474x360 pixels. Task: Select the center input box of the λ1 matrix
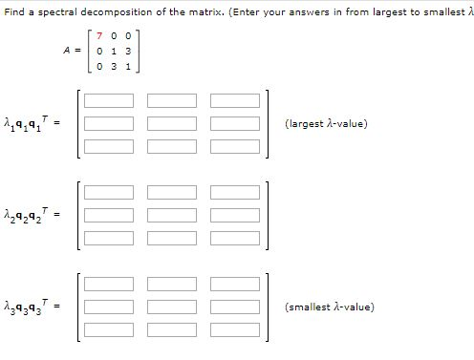click(x=171, y=123)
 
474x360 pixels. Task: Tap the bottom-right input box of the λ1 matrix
click(x=234, y=146)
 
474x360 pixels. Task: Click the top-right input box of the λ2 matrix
click(x=234, y=192)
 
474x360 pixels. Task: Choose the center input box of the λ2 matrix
click(x=171, y=215)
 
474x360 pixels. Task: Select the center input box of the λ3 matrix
click(x=171, y=307)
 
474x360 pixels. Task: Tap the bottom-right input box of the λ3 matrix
click(x=234, y=330)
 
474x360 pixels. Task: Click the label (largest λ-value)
click(x=326, y=123)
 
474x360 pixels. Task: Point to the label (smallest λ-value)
click(x=330, y=307)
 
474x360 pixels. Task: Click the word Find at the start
click(x=11, y=9)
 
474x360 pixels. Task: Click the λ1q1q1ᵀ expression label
click(x=33, y=122)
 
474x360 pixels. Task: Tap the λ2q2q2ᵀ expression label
click(x=33, y=214)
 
